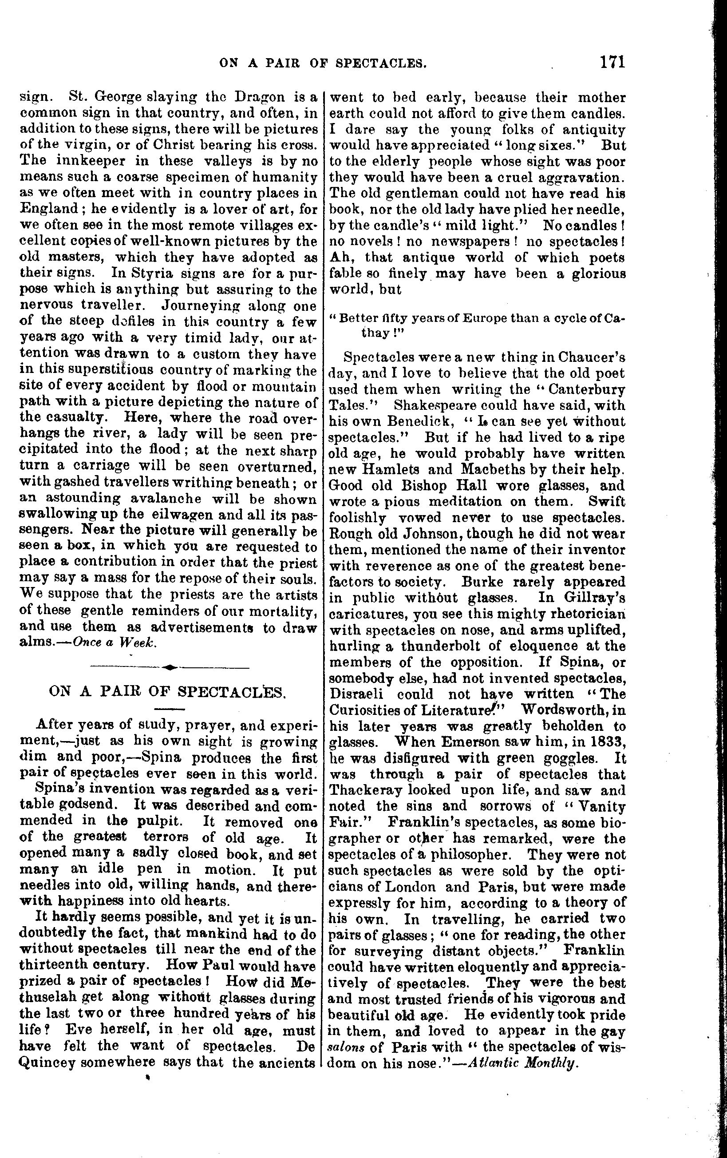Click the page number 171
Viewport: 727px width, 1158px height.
tap(612, 62)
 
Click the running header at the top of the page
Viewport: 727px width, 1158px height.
tap(323, 63)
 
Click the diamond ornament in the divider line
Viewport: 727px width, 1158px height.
tap(170, 667)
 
